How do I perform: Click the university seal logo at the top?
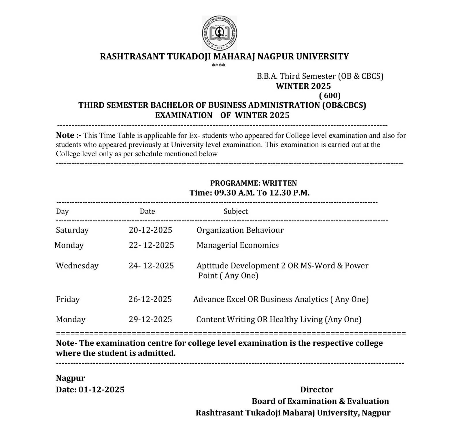(x=220, y=33)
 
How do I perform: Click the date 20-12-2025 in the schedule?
(x=150, y=230)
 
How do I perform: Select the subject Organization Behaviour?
(x=240, y=230)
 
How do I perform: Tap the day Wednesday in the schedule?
(x=77, y=265)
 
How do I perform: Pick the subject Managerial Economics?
(x=238, y=245)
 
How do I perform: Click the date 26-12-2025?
(x=150, y=299)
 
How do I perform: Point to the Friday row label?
(x=68, y=299)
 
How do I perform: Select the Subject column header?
(x=236, y=211)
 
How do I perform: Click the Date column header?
(x=147, y=211)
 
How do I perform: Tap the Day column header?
(x=62, y=211)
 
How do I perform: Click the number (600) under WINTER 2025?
(x=330, y=95)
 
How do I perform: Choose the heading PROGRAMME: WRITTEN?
(x=254, y=183)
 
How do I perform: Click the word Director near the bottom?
(x=317, y=390)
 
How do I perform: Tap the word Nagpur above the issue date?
(x=70, y=378)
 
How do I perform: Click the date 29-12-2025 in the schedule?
(x=150, y=319)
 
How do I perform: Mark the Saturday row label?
(x=72, y=230)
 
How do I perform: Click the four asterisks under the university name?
(x=218, y=65)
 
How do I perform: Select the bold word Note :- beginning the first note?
(x=69, y=135)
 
